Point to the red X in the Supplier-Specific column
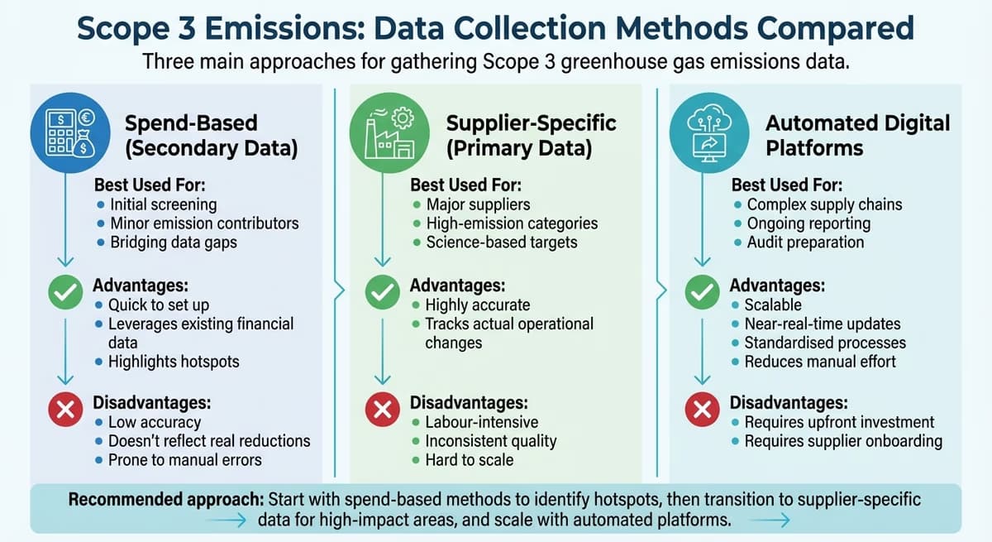pyautogui.click(x=383, y=409)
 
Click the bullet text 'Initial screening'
pyautogui.click(x=162, y=204)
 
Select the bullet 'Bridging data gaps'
pyautogui.click(x=172, y=242)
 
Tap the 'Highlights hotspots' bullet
pyautogui.click(x=173, y=362)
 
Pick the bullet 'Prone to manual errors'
pyautogui.click(x=184, y=460)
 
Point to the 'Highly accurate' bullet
pyautogui.click(x=477, y=305)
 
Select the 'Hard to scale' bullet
pyautogui.click(x=469, y=460)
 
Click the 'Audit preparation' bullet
pyautogui.click(x=805, y=242)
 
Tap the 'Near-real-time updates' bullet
pyautogui.click(x=822, y=324)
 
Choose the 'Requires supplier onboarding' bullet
pyautogui.click(x=842, y=441)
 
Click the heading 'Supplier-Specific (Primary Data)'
pyautogui.click(x=531, y=136)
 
